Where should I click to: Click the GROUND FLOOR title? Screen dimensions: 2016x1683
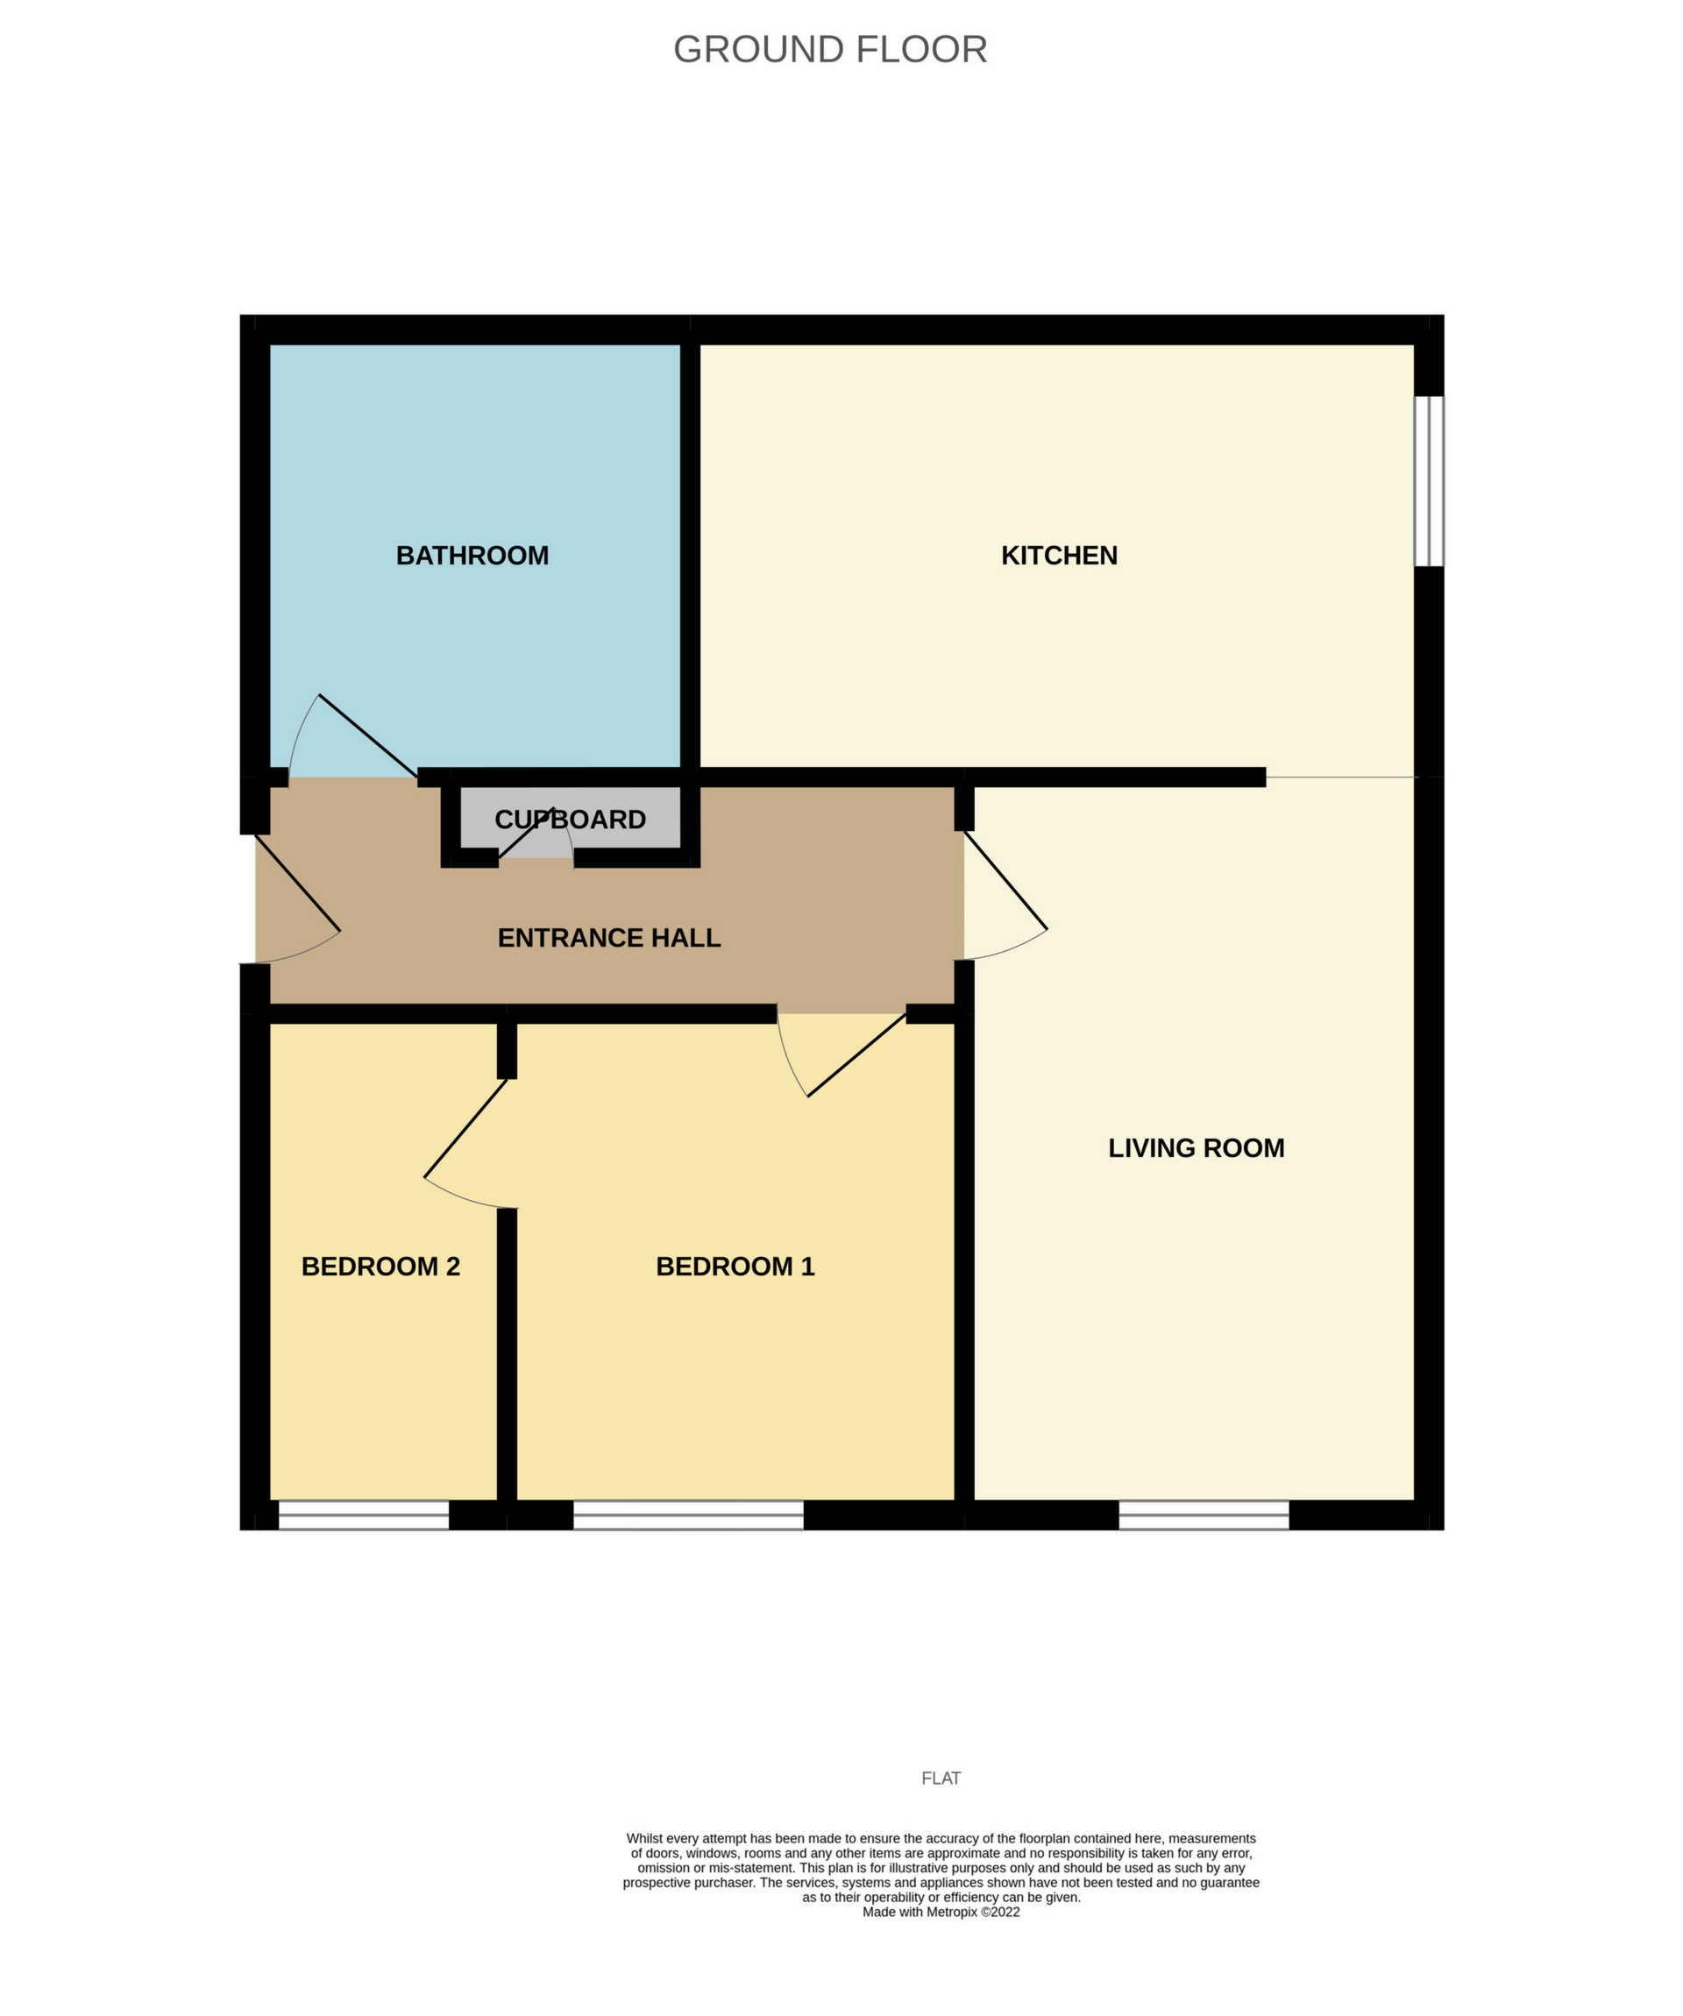[829, 50]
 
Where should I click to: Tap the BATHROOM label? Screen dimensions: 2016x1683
[472, 556]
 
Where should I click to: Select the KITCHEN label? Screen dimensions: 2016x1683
[1059, 556]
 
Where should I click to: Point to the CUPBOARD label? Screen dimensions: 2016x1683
[571, 820]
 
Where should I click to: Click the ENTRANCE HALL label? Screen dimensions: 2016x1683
[608, 938]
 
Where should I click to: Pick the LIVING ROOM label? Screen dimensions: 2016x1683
[1197, 1148]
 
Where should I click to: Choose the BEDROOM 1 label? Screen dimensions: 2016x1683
[735, 1267]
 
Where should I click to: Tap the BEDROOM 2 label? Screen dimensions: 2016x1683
[381, 1267]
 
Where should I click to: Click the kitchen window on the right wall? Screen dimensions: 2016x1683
[1429, 481]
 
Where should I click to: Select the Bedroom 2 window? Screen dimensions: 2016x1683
[364, 1515]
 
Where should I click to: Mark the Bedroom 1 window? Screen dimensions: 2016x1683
[688, 1515]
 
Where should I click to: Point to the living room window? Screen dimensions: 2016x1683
[1204, 1515]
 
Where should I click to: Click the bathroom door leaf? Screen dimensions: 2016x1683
[367, 736]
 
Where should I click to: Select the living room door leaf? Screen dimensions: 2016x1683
[1005, 880]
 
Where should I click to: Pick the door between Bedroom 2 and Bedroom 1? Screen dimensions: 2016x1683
[465, 1129]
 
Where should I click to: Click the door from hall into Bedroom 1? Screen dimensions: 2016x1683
[856, 1054]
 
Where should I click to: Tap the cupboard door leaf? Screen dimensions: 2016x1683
[524, 834]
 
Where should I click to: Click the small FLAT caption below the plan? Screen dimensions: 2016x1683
[941, 1778]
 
